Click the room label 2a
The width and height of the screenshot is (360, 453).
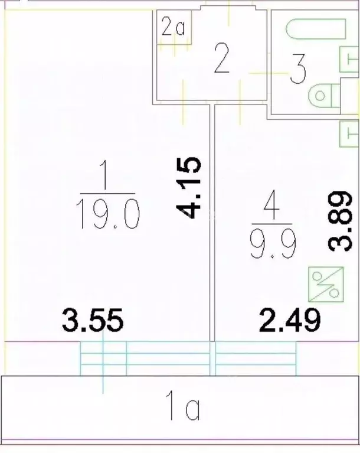point(173,28)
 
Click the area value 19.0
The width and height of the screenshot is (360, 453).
point(108,214)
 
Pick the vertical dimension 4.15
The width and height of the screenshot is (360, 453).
point(190,187)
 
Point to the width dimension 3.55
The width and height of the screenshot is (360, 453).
point(93,322)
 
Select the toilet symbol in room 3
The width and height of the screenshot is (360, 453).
point(324,95)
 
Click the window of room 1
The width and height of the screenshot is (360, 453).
point(145,358)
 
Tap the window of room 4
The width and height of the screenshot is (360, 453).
point(255,358)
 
